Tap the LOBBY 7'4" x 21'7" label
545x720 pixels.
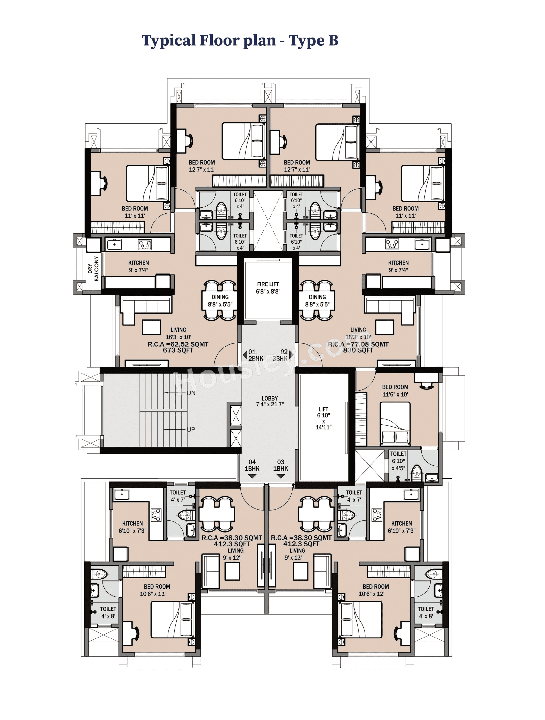tap(269, 401)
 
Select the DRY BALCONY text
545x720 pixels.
tap(93, 268)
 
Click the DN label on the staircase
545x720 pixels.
tap(191, 393)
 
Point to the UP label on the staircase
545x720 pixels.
tap(191, 429)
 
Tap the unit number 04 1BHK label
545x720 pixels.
tap(252, 465)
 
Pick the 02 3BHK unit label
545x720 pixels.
tap(281, 355)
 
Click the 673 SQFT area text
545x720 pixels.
tap(178, 350)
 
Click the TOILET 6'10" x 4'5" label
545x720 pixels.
tap(398, 461)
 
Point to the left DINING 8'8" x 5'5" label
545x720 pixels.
tap(220, 300)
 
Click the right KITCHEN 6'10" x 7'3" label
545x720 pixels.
tap(401, 527)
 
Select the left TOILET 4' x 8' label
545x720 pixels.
tap(108, 612)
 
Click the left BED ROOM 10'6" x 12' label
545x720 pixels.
tap(157, 590)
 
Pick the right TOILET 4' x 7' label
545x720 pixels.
tap(354, 496)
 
